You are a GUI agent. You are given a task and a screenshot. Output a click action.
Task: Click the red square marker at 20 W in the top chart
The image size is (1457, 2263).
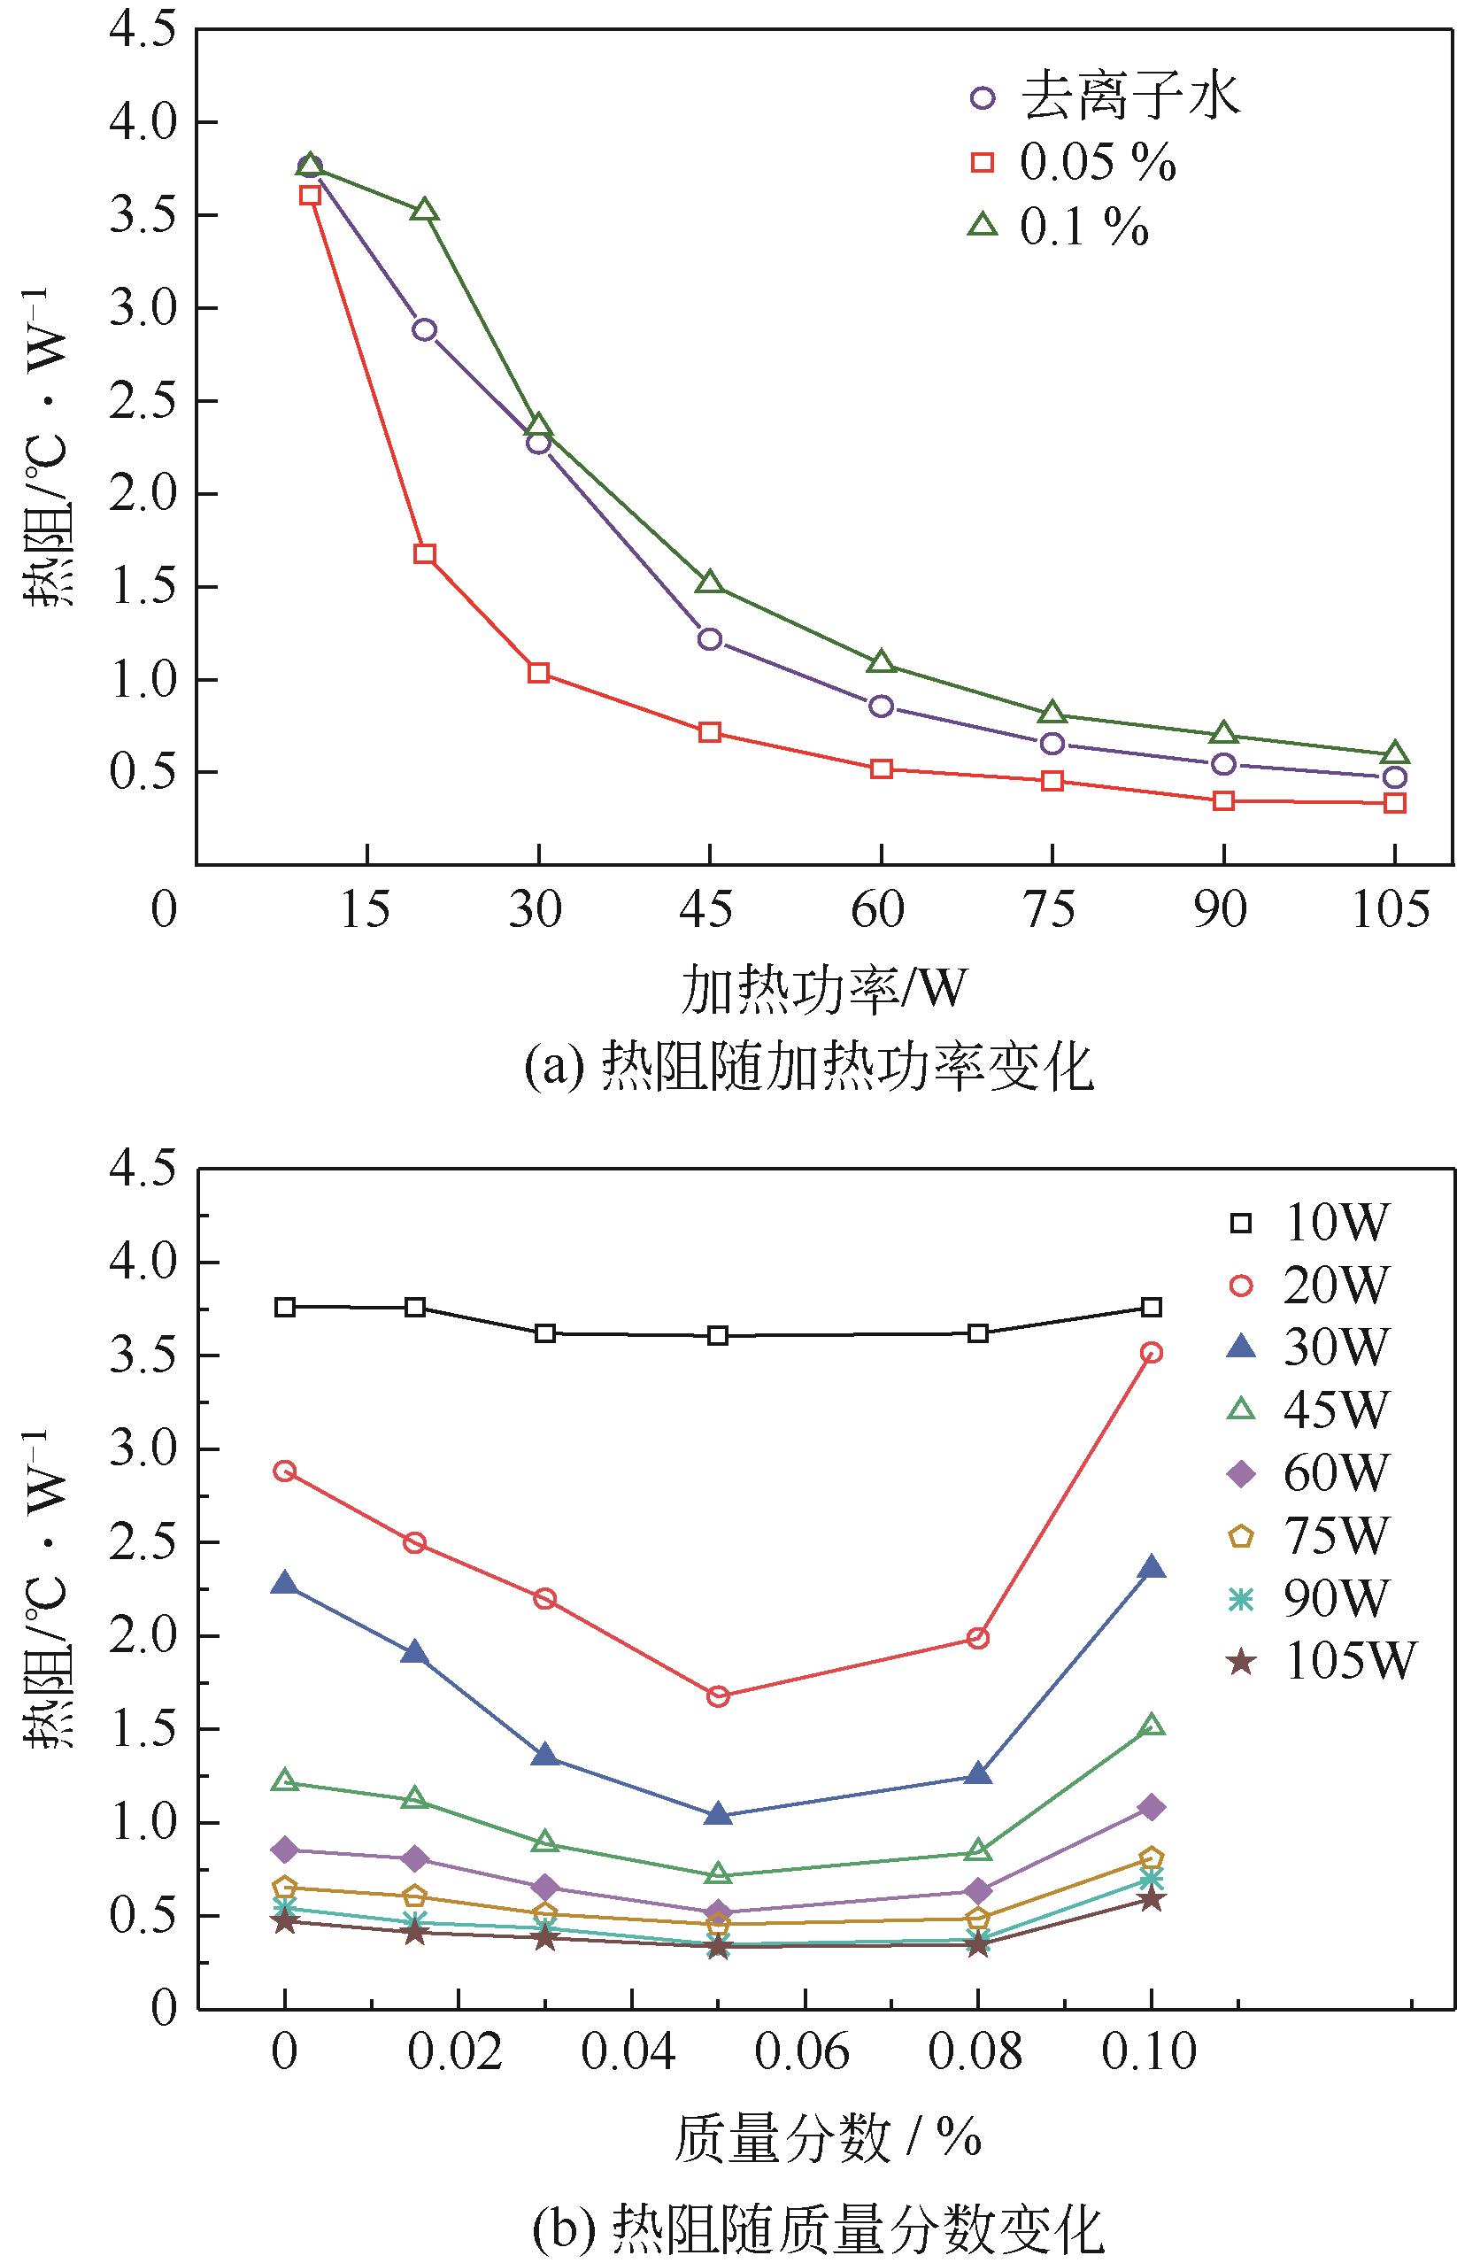point(425,553)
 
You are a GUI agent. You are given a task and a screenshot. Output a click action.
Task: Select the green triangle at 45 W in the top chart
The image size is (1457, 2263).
point(711,583)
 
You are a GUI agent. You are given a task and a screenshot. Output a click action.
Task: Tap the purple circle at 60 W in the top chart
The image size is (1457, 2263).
point(881,706)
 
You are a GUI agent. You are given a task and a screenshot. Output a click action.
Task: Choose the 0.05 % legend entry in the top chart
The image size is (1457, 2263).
point(1073,164)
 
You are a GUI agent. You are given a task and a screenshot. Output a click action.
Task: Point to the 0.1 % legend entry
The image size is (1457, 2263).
point(1059,227)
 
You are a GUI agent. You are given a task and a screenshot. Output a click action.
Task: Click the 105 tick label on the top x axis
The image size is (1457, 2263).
point(1393,911)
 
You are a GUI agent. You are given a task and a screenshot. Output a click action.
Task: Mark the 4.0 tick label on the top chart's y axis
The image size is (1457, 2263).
point(139,123)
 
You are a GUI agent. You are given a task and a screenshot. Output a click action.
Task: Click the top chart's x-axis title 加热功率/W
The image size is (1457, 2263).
point(824,989)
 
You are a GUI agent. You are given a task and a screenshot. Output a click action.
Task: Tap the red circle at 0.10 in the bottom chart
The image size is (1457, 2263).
point(1152,1353)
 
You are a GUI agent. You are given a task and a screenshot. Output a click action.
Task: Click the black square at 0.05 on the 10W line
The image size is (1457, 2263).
point(718,1336)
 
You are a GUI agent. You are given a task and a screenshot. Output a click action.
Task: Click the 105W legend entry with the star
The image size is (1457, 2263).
point(1324,1660)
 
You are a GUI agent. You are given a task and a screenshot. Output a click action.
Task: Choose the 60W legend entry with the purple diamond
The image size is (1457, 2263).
point(1310,1473)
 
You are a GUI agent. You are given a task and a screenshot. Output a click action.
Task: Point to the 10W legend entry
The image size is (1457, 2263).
point(1310,1224)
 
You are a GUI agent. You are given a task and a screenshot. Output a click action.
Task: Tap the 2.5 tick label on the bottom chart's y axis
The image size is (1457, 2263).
point(139,1543)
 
